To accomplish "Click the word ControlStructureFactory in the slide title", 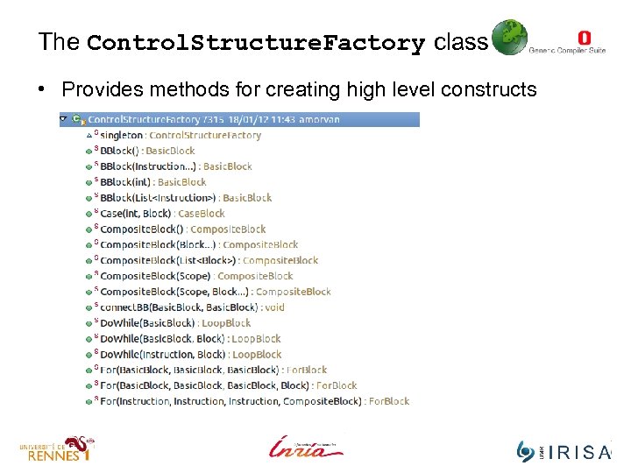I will point(256,43).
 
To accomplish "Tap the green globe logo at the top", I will point(508,38).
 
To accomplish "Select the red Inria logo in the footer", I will point(305,447).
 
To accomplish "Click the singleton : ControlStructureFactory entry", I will point(181,136).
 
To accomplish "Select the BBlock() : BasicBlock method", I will point(147,152).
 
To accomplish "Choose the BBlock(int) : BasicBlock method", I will point(153,182).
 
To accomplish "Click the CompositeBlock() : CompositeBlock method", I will point(183,229).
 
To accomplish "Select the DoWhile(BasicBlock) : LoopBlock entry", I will point(175,323).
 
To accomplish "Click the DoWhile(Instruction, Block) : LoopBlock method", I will point(190,355).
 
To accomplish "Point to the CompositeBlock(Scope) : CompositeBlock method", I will point(196,276).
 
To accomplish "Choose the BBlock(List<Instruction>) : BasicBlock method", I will point(186,198).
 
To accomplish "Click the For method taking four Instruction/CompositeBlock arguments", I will point(254,401).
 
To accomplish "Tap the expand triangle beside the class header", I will point(63,119).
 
